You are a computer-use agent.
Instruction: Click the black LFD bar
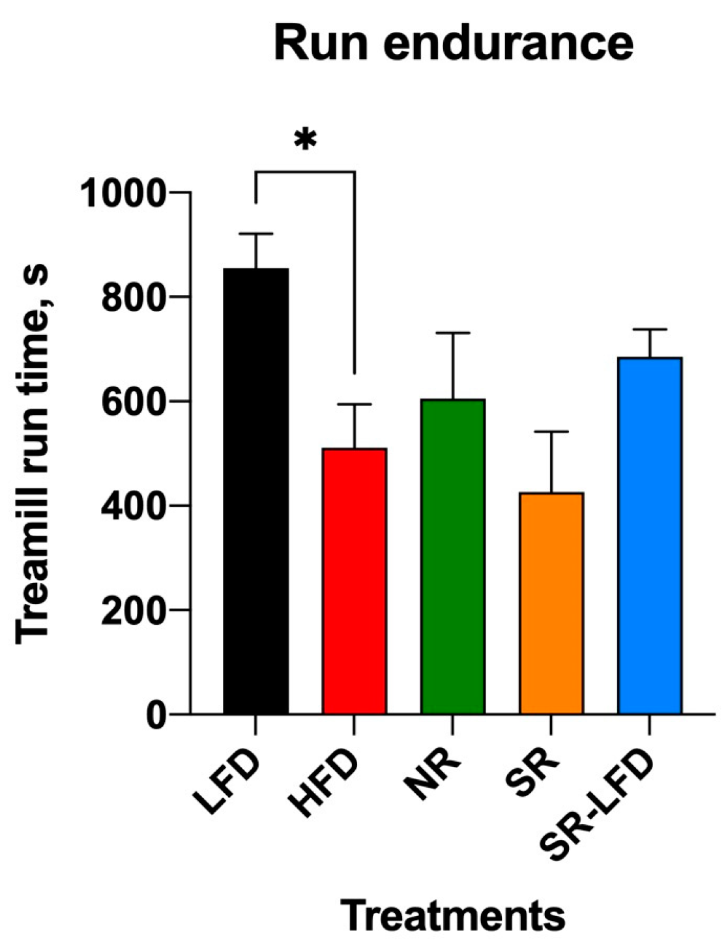click(x=255, y=491)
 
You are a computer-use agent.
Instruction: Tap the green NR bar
click(x=452, y=556)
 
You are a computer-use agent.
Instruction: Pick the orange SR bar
click(x=551, y=603)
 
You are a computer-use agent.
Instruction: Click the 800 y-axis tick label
click(x=134, y=298)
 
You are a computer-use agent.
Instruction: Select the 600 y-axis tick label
click(x=134, y=402)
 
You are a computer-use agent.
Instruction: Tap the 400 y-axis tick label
click(x=134, y=506)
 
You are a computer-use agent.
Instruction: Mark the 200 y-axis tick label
click(x=134, y=610)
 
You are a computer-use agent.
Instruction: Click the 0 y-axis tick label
click(x=156, y=715)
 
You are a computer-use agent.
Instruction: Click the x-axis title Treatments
click(x=454, y=915)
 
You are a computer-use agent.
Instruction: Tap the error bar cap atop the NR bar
click(x=452, y=333)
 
